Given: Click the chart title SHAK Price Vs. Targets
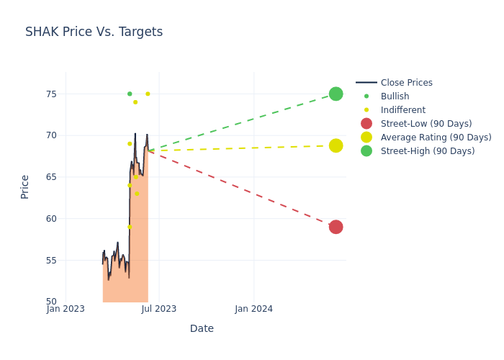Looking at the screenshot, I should coord(94,32).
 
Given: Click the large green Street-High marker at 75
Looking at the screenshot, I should coord(336,94).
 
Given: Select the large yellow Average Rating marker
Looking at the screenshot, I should coord(336,145).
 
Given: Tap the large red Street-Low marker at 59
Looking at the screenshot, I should coord(336,227).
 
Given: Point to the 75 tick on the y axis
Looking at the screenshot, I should coord(51,94).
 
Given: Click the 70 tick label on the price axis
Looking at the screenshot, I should coord(51,135).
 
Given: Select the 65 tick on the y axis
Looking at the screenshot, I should coord(51,177).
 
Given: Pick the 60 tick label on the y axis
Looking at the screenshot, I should coord(51,219).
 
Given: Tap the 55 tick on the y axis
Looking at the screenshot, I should coord(51,260).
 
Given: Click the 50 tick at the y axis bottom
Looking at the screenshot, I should coord(51,302).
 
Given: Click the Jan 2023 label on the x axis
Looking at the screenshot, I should coord(66,310).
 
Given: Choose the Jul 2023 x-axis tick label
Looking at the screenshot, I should coord(159,310).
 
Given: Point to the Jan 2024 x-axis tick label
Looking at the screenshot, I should coord(254,310).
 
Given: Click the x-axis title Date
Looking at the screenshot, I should coord(202,328).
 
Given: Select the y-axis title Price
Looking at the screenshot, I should coord(25,186).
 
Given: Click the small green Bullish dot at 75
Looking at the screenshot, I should coord(130,94).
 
